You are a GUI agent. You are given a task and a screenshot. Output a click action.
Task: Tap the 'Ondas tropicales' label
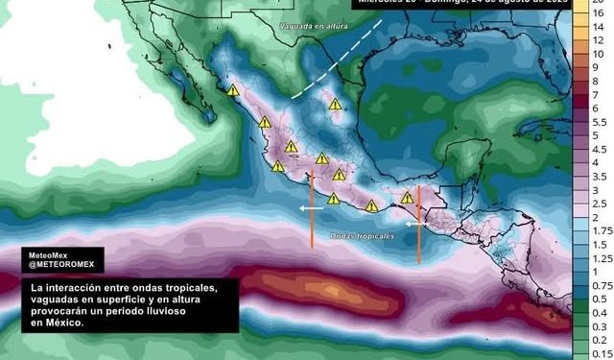[362, 237]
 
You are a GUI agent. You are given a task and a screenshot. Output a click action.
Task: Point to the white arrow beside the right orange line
[413, 224]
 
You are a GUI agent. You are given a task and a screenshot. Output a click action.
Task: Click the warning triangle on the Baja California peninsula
[233, 90]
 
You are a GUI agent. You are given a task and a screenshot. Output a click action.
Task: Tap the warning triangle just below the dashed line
[334, 104]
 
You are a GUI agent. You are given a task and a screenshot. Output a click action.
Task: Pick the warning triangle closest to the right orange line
[408, 198]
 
